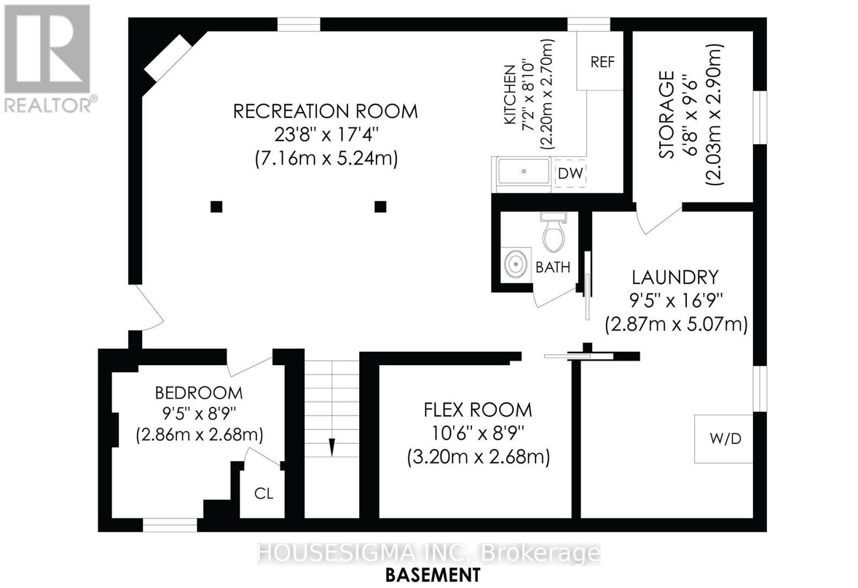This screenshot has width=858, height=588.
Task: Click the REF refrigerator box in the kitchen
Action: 601,62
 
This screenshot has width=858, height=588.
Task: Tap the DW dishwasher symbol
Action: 570,173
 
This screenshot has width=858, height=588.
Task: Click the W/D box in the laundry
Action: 724,439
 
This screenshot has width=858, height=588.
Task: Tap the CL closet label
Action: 263,493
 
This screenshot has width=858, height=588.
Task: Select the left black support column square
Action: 216,206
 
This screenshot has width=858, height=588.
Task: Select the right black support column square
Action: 380,206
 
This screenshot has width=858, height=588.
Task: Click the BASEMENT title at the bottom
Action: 433,575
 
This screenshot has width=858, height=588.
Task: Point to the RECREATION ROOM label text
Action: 325,111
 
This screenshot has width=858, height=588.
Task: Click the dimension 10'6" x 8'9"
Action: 478,433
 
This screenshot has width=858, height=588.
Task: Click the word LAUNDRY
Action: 675,277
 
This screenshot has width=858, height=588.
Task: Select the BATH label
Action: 553,267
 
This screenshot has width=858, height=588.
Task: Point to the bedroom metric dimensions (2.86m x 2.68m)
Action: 199,434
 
